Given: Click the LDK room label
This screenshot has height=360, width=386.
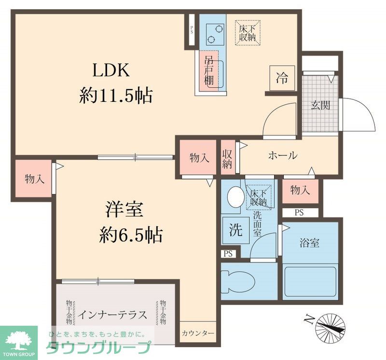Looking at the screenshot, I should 111,71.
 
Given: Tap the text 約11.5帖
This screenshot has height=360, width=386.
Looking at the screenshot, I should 116,96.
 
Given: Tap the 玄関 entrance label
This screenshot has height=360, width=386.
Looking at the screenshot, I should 320,105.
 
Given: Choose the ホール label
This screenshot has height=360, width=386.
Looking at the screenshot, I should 282,156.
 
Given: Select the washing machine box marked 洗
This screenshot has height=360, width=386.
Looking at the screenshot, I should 236,230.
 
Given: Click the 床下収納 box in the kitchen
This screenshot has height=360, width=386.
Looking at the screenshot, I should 248,32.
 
